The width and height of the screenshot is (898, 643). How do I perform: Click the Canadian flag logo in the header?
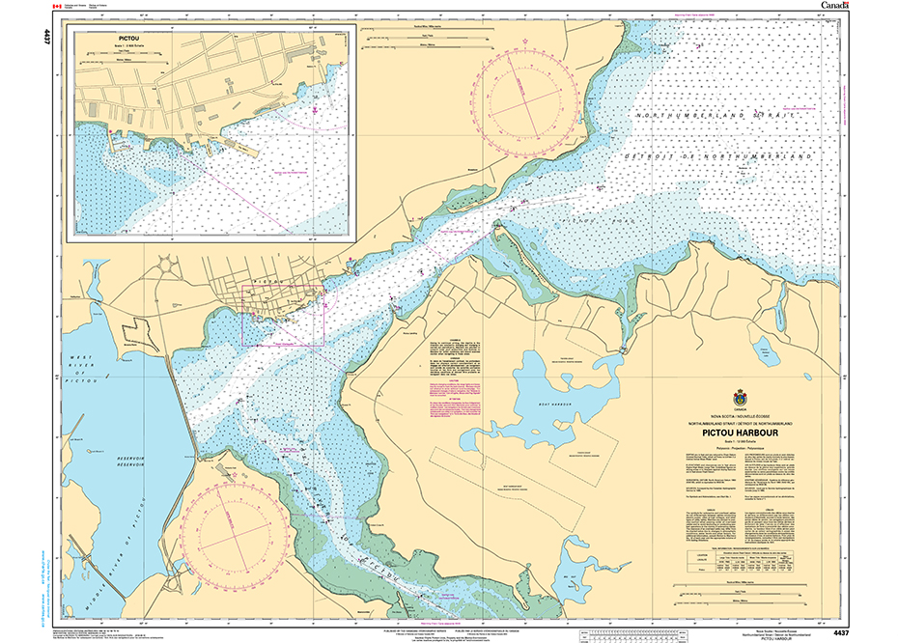60,6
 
